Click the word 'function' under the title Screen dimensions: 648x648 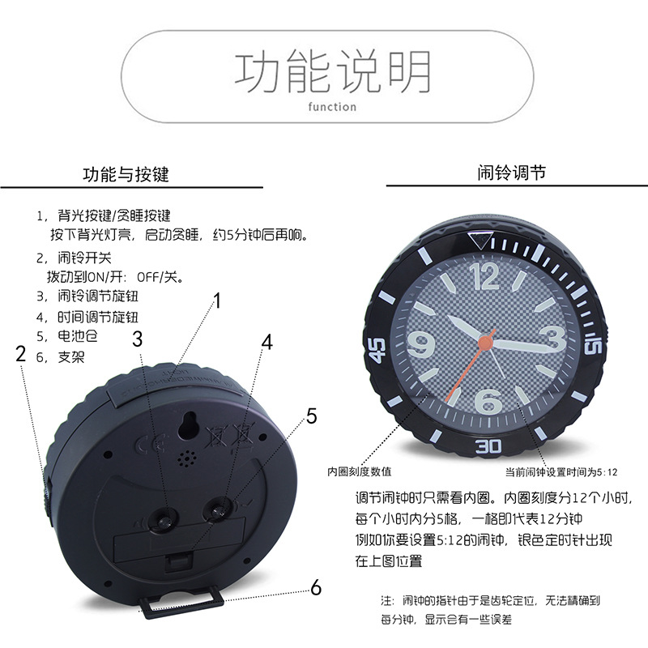(332, 107)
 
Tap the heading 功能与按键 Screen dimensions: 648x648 (126, 174)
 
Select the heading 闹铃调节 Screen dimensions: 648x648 (512, 173)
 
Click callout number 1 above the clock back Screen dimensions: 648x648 (217, 301)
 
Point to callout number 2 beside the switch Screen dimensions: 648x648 (21, 354)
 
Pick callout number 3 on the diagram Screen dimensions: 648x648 (137, 339)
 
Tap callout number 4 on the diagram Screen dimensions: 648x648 (267, 343)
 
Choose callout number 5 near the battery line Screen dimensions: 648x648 (312, 416)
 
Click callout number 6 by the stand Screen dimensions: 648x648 (316, 587)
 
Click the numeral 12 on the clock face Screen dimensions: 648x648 (484, 275)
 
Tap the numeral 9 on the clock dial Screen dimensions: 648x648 (421, 343)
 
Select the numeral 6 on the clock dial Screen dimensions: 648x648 (488, 401)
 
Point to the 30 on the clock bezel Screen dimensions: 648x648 (488, 446)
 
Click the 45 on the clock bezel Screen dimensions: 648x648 (377, 351)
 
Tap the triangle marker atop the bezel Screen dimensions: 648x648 (480, 241)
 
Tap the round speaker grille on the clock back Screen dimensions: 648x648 (187, 458)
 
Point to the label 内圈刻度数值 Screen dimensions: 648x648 (359, 471)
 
